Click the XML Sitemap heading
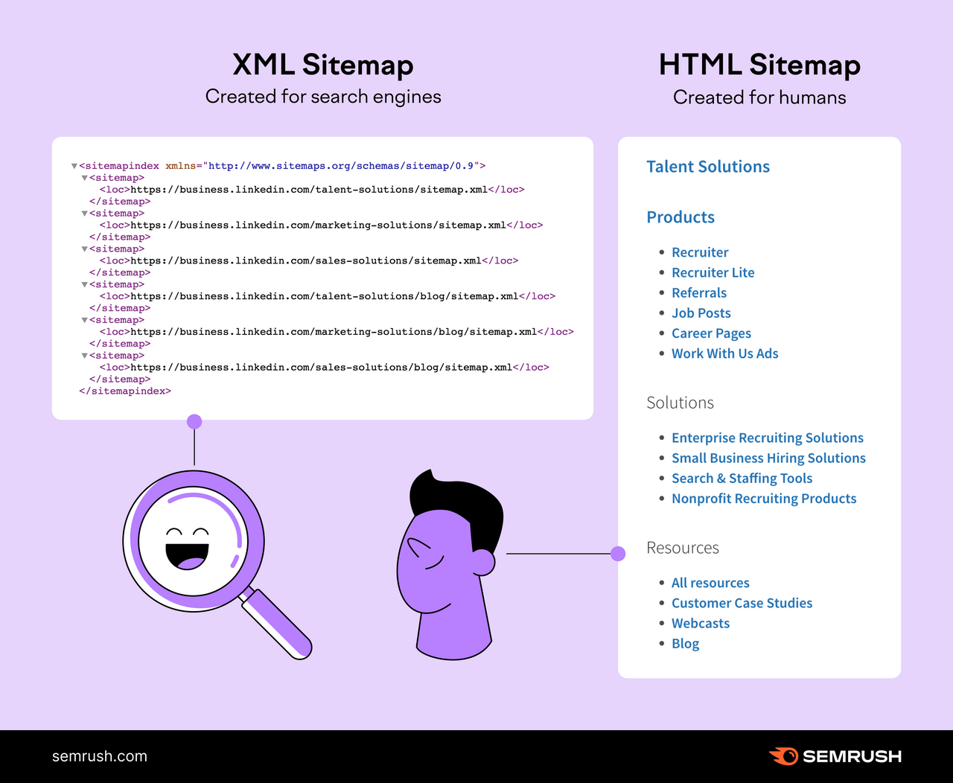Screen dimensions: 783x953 (322, 65)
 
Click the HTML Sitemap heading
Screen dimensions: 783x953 (759, 65)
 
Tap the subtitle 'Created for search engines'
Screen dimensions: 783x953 (323, 97)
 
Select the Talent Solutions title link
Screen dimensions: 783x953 (708, 167)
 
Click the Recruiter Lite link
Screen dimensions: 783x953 (713, 272)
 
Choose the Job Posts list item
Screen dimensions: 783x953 (701, 313)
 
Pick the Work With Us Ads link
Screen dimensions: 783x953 (724, 354)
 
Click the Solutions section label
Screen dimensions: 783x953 (680, 403)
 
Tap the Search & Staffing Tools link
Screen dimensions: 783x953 (742, 479)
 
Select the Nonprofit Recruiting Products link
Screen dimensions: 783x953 (764, 499)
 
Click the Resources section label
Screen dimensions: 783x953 (683, 548)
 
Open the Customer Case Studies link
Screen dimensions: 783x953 (742, 603)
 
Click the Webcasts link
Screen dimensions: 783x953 (700, 624)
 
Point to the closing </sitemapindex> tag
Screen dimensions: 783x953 (125, 391)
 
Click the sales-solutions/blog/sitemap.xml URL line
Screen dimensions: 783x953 (325, 367)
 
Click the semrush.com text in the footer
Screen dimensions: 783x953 (100, 756)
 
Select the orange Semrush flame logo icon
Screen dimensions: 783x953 (783, 756)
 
